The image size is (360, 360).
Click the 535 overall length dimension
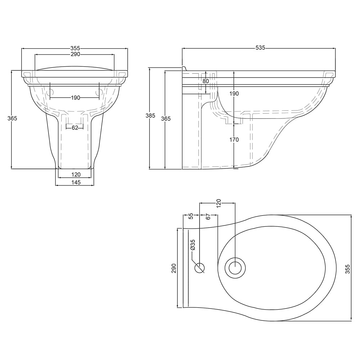(260, 48)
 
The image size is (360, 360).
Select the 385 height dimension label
(150, 116)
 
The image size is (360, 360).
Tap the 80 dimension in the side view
(206, 81)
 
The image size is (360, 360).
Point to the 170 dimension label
(234, 140)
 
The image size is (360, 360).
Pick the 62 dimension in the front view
(75, 128)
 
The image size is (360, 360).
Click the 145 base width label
(76, 182)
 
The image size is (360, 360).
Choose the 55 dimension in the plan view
(191, 216)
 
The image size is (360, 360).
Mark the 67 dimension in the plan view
(208, 216)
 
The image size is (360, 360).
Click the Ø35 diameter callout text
(193, 245)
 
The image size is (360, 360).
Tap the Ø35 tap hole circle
(199, 268)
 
